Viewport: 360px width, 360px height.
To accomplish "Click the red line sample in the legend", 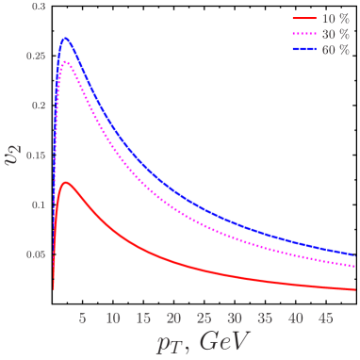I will coord(304,19).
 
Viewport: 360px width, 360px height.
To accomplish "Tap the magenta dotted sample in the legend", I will coord(304,34).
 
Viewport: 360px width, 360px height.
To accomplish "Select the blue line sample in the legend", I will coord(304,49).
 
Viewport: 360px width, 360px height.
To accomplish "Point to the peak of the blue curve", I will coord(65,39).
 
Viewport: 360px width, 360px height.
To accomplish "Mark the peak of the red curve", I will coord(65,182).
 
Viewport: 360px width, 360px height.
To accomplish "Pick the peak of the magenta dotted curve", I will coord(65,62).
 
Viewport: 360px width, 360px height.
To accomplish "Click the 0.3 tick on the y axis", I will coord(39,6).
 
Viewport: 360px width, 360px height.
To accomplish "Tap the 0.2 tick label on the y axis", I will coord(39,106).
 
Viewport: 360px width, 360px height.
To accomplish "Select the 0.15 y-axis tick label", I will coord(36,155).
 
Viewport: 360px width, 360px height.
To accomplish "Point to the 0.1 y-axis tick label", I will coord(39,205).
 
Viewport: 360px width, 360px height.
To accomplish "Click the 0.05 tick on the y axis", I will coord(36,254).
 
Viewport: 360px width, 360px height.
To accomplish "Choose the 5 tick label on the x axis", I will coord(83,318).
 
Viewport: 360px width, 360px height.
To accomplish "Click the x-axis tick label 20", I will coord(174,318).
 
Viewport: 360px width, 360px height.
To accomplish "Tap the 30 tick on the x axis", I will coord(236,318).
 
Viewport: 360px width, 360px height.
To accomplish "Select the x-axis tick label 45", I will coord(326,318).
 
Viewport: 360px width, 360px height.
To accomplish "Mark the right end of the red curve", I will coord(356,290).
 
